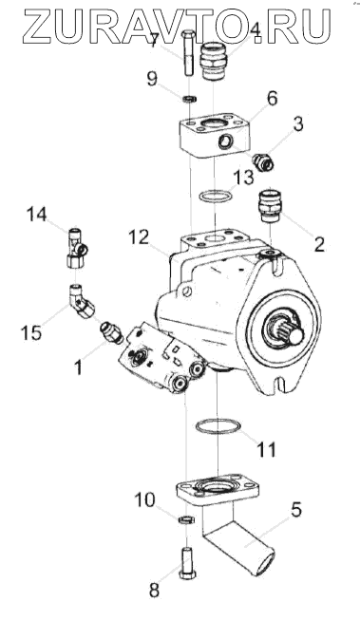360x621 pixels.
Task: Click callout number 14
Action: pyautogui.click(x=36, y=215)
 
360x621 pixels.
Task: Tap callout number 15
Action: pyautogui.click(x=31, y=333)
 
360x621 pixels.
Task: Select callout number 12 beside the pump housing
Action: pyautogui.click(x=138, y=237)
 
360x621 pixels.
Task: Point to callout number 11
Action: pyautogui.click(x=266, y=449)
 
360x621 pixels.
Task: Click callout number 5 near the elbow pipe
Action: pyautogui.click(x=295, y=510)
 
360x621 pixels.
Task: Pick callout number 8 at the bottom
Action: pyautogui.click(x=154, y=590)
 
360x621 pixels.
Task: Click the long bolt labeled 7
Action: pyautogui.click(x=189, y=54)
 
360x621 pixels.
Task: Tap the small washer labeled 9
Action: pyautogui.click(x=191, y=98)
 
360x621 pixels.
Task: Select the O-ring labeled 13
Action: pyautogui.click(x=214, y=195)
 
